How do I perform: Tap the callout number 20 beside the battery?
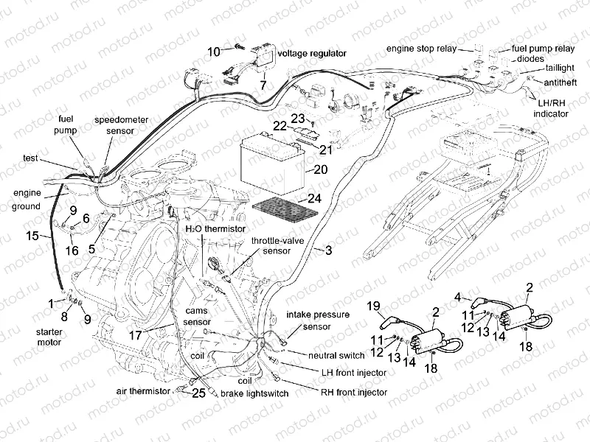tap(319, 169)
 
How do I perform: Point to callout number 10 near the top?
tap(213, 52)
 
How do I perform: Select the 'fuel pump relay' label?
tap(544, 49)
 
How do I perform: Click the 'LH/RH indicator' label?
tap(550, 109)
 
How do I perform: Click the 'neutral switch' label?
tap(332, 355)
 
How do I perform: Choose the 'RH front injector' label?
tap(353, 392)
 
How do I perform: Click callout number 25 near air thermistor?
tap(198, 394)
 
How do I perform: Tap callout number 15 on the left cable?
tap(31, 236)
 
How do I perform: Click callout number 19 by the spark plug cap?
tap(373, 306)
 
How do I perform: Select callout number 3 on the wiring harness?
tap(328, 251)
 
